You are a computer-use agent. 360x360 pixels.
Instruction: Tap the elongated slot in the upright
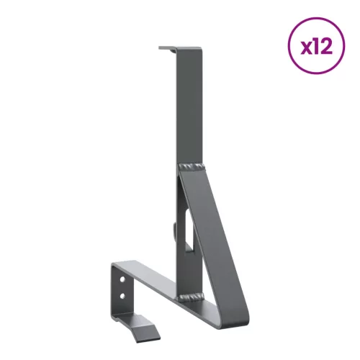click(x=186, y=229)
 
